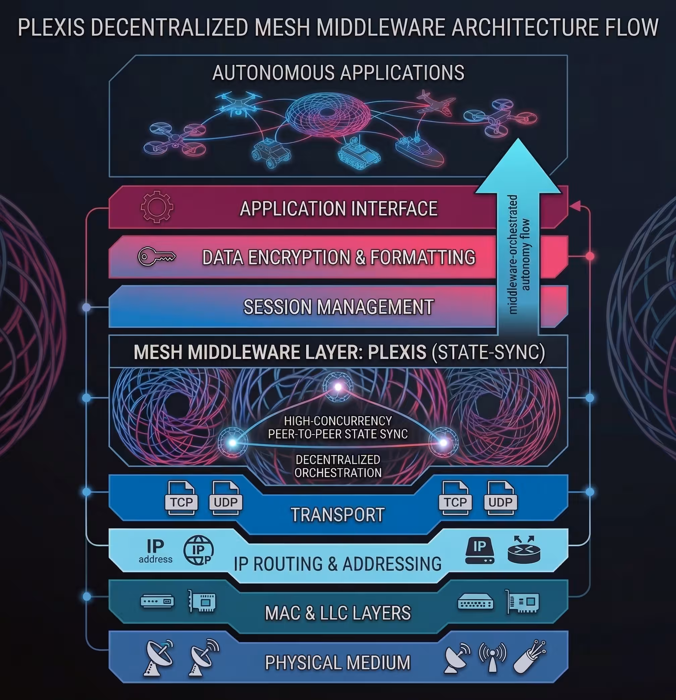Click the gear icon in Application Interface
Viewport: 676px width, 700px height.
pos(157,207)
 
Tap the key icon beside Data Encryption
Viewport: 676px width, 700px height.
pos(157,256)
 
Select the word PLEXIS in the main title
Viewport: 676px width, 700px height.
pos(51,27)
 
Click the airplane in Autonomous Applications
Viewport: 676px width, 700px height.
pos(433,103)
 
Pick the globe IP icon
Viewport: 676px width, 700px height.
pos(199,550)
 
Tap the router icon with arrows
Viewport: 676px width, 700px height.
pos(524,550)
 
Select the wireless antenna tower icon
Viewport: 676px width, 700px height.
pos(493,656)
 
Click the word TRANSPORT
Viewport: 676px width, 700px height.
pos(338,515)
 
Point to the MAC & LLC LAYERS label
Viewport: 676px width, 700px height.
pos(338,613)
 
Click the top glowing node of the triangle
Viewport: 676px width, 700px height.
pos(338,387)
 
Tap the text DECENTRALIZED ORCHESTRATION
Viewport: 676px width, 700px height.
pos(338,466)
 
